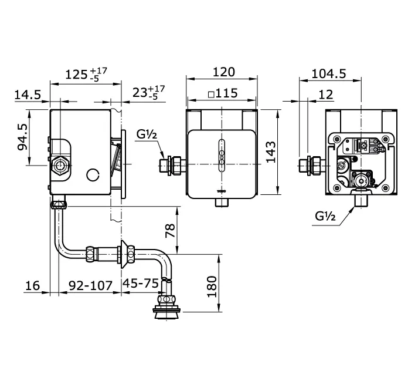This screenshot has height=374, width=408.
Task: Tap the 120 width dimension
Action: (x=222, y=72)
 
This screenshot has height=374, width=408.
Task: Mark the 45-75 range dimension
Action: (x=141, y=284)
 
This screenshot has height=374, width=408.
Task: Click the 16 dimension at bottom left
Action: (x=33, y=285)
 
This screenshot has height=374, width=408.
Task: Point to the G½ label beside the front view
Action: (x=147, y=134)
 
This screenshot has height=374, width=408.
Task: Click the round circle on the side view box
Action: (x=92, y=175)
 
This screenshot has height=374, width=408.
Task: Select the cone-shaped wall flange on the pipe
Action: (x=125, y=254)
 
